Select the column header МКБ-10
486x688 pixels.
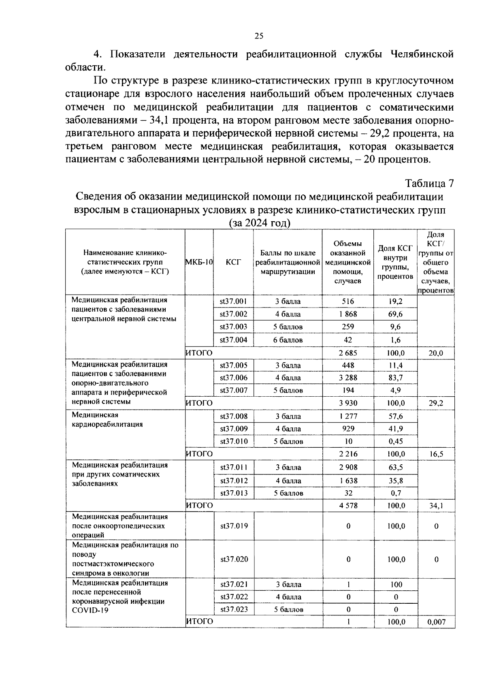click(x=199, y=262)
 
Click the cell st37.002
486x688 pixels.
click(x=233, y=314)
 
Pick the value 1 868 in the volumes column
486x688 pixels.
click(x=347, y=314)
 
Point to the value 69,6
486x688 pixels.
click(x=395, y=314)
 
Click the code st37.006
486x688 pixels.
click(x=233, y=378)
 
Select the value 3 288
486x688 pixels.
click(x=348, y=378)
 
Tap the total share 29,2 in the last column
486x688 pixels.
click(x=436, y=403)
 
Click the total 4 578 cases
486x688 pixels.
click(x=348, y=506)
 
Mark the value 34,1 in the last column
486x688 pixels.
click(x=436, y=506)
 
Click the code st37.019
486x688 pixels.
click(x=234, y=526)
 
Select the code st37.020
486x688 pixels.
click(x=234, y=559)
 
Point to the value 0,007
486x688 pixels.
click(x=436, y=622)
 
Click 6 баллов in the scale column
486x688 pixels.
click(x=288, y=340)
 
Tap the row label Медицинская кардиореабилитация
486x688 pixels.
click(x=107, y=420)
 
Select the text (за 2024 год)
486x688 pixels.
click(x=260, y=223)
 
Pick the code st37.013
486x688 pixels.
click(x=234, y=493)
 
